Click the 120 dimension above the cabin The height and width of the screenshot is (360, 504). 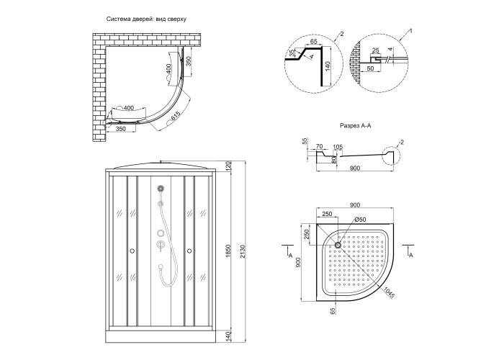[x=228, y=166]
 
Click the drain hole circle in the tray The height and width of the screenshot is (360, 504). [x=336, y=243]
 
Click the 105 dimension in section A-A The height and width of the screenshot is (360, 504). [x=338, y=146]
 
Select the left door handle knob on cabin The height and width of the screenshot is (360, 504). [x=132, y=251]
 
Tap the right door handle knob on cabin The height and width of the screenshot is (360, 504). [x=189, y=251]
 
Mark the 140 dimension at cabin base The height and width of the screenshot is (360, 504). [x=228, y=335]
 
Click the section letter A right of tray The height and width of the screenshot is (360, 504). [x=410, y=255]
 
